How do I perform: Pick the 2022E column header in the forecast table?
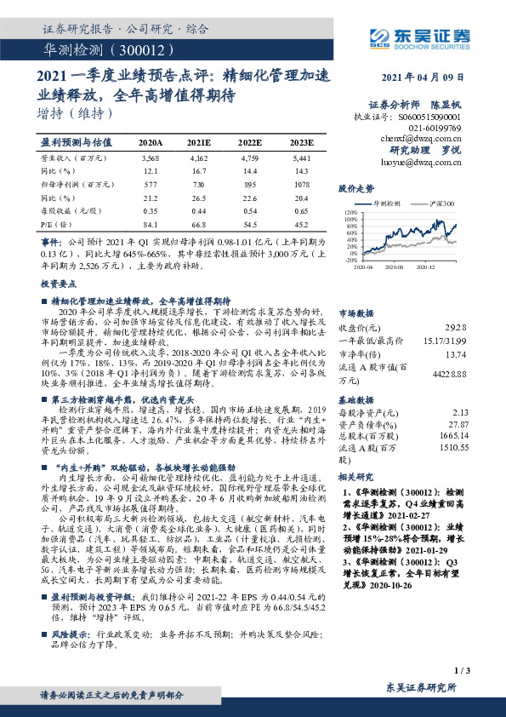point(250,142)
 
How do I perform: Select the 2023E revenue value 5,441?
point(301,158)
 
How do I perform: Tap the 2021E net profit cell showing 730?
point(200,183)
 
